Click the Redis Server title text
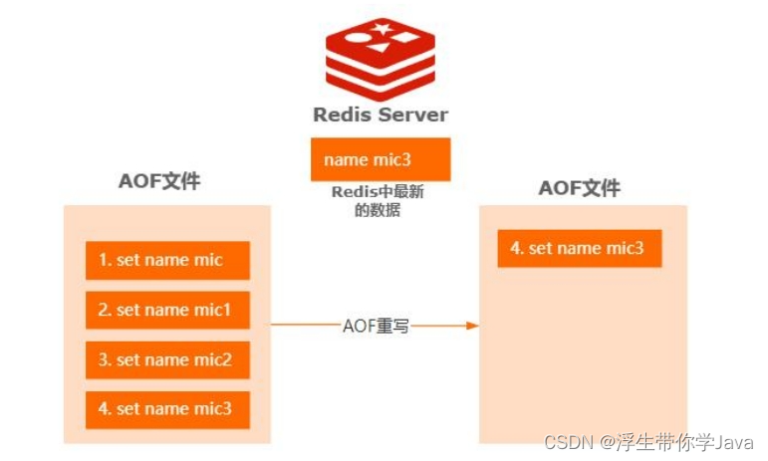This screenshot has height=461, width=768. pos(380,114)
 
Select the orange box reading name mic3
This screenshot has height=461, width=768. pos(380,159)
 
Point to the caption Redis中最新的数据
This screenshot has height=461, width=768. pos(380,202)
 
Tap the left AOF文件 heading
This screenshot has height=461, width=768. pos(159,181)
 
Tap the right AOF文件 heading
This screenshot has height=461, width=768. pos(579,188)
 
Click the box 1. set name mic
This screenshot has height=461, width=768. pos(166,261)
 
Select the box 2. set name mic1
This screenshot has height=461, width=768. pos(166,310)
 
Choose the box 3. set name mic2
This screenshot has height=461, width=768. pos(166,359)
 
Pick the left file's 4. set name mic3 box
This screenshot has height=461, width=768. pos(166,408)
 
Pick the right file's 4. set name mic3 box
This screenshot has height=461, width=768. pos(579,248)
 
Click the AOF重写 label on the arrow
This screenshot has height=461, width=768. pos(376,326)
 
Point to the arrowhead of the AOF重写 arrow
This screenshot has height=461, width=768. pos(472,326)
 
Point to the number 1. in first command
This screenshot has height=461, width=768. pos(104,261)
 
